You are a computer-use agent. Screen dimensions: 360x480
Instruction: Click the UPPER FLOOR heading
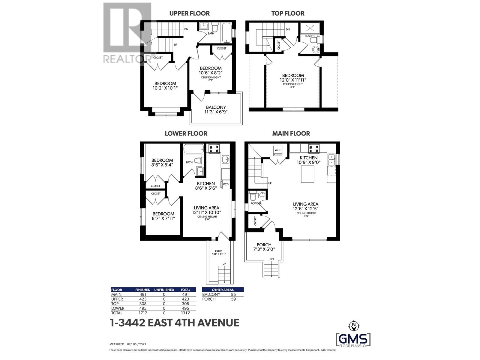click(x=189, y=13)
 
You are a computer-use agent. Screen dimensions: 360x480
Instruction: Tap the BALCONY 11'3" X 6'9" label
click(x=216, y=109)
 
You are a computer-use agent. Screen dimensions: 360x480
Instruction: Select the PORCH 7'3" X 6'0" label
click(x=264, y=247)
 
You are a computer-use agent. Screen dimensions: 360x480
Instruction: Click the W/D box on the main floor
click(x=277, y=150)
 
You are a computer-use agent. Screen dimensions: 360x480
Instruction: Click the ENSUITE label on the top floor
click(x=310, y=36)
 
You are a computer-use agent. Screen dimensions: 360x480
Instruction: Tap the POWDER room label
click(x=256, y=203)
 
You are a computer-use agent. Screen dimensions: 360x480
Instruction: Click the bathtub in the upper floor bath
click(x=226, y=33)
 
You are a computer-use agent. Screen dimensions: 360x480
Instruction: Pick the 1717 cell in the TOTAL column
click(x=185, y=313)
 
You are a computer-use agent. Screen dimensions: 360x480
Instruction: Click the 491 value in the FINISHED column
click(x=142, y=294)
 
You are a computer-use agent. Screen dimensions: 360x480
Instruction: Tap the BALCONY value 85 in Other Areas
click(x=233, y=294)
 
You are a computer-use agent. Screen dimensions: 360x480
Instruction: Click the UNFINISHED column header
click(x=164, y=290)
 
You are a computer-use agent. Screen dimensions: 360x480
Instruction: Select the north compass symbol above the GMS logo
click(x=354, y=325)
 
